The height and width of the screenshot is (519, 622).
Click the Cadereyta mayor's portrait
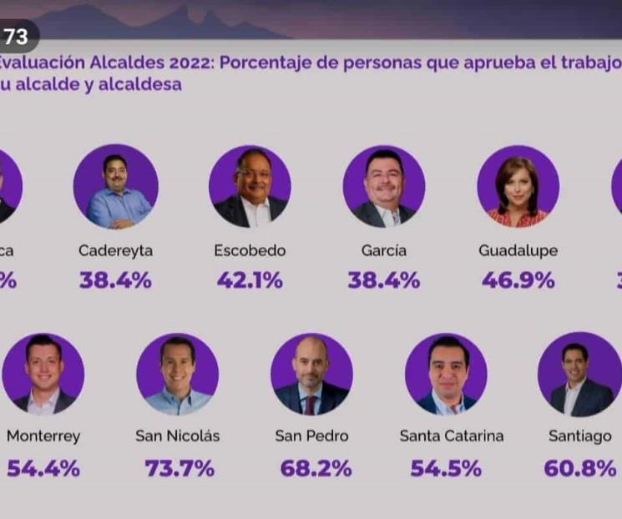115,186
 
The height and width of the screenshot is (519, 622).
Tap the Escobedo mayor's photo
250,186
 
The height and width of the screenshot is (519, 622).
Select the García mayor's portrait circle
384,186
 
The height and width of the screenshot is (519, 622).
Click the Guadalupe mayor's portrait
518,186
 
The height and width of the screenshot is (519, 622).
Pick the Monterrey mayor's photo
43,375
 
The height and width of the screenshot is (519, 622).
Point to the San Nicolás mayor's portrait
177,375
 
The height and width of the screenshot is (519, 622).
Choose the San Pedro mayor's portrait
311,375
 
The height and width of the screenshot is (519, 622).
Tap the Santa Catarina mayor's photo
446,375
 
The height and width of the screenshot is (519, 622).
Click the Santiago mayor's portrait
579,375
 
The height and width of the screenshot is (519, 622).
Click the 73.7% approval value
180,469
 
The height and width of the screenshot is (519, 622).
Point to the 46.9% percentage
518,280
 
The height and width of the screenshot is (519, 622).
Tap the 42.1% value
250,280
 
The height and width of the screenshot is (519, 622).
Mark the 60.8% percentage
579,469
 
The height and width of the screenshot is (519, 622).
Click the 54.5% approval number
446,469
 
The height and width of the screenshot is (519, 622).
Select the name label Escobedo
250,250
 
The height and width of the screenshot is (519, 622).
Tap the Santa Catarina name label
452,436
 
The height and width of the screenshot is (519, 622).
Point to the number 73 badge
16,37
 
